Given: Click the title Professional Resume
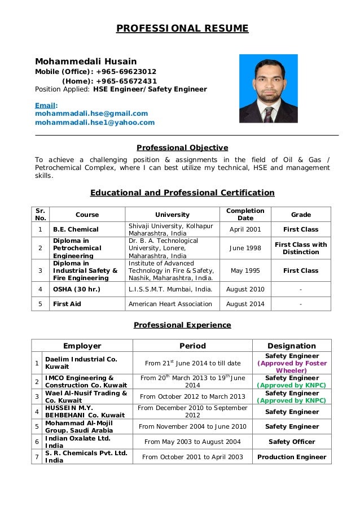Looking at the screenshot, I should (182, 29).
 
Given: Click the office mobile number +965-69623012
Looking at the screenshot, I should (126, 72).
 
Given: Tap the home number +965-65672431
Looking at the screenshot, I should (126, 81).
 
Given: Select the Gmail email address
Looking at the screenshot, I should (91, 114).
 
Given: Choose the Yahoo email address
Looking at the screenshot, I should (95, 123).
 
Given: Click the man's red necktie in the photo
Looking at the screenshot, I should (269, 111).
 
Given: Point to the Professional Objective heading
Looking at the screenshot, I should (182, 148).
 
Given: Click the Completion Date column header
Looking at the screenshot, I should (245, 215).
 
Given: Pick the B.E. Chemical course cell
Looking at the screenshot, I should (76, 230).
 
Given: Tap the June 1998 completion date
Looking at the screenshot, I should (245, 248).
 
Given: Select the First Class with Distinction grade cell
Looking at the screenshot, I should (301, 248).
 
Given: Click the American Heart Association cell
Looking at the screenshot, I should (170, 304).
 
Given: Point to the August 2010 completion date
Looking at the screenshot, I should (245, 290).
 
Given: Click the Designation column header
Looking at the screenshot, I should (292, 346).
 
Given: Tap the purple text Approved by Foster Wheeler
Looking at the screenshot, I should (292, 367).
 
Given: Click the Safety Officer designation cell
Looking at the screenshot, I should (292, 442).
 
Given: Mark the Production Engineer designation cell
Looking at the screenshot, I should (292, 457).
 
